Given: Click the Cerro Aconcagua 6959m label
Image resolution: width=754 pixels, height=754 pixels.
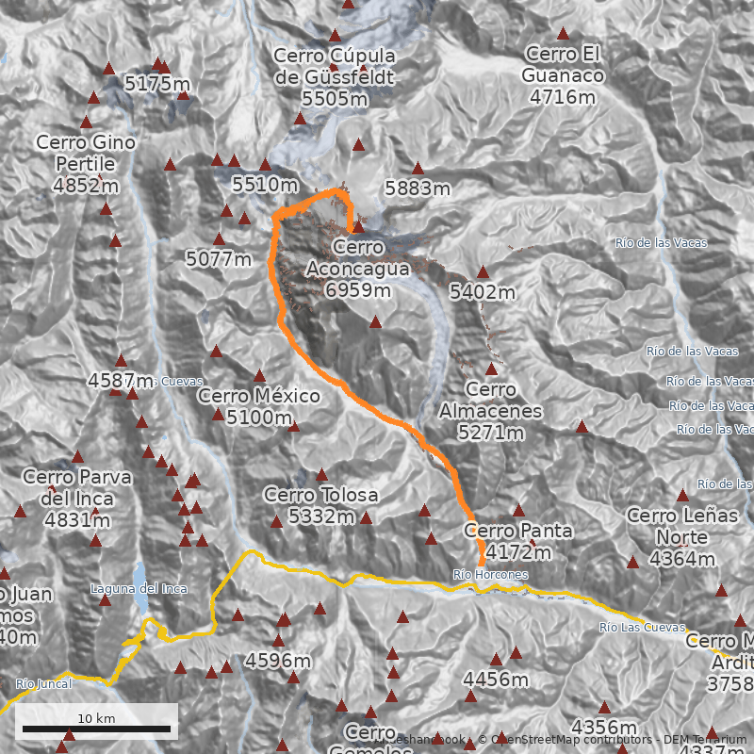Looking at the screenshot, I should click(358, 269).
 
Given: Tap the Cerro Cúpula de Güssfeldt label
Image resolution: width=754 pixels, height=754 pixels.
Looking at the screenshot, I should click(335, 76).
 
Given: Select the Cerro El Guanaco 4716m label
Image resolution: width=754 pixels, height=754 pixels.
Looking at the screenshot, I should click(564, 74).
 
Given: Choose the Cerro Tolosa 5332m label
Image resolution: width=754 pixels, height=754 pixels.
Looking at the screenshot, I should click(321, 505).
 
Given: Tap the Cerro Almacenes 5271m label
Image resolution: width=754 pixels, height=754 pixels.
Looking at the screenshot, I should click(491, 411).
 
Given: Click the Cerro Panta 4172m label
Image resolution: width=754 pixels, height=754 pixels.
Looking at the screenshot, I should click(517, 541).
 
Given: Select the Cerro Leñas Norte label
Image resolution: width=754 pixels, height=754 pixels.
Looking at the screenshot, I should click(682, 526).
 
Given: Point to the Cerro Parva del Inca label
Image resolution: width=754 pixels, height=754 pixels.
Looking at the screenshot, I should click(77, 498).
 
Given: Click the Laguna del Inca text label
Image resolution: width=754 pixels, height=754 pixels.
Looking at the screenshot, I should click(139, 589).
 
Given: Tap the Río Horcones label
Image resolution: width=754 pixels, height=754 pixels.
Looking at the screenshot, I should click(490, 574).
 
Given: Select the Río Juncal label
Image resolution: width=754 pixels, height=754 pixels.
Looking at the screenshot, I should click(42, 684).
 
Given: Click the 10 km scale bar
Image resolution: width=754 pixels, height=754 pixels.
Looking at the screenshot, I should click(96, 728).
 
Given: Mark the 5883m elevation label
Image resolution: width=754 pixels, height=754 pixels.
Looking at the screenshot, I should click(418, 188).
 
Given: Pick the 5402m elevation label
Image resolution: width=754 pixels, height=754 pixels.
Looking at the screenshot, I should click(483, 292).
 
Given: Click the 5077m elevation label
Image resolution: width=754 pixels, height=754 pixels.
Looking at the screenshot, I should click(219, 258).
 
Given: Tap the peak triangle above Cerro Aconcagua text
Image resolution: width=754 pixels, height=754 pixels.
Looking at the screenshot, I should click(358, 226).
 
